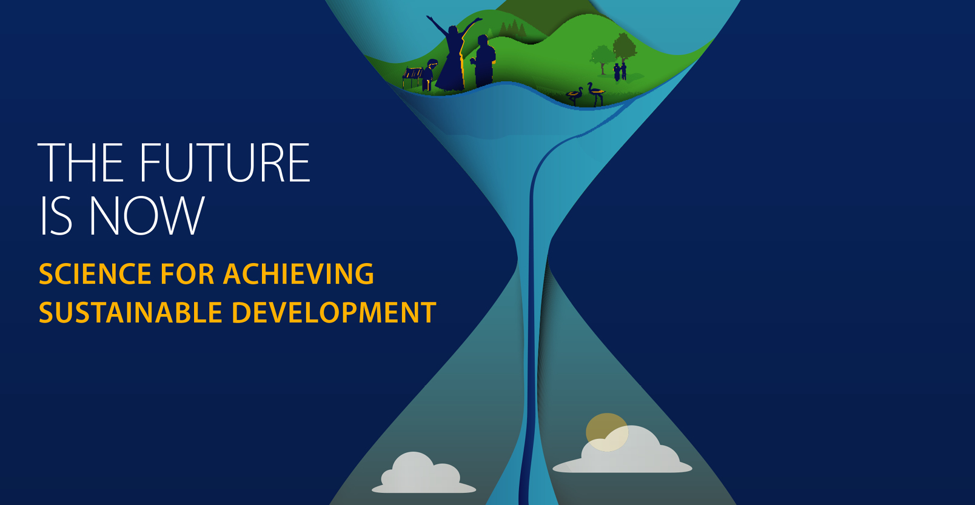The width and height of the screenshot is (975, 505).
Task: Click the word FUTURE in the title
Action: pos(225,162)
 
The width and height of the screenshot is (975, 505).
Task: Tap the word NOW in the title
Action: pos(147,215)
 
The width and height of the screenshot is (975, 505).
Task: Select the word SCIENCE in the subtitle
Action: pos(95,274)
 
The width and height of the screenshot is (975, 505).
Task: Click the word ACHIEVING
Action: pos(298,274)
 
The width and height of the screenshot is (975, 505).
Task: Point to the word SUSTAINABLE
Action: pos(130,313)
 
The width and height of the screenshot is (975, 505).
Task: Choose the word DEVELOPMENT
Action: pos(334,313)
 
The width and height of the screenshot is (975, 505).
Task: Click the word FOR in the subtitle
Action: pos(187,274)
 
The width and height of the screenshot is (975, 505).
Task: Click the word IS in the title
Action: pos(56,215)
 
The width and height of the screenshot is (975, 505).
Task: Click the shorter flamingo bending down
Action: pos(575,96)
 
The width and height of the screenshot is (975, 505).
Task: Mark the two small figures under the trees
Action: pos(620,72)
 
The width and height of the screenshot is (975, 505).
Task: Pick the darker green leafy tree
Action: pos(625,47)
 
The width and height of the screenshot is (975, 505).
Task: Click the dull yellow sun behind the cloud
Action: pos(607,432)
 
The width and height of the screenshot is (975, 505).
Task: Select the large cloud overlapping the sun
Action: pos(623,450)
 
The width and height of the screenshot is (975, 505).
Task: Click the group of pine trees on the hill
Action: pos(513,28)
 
